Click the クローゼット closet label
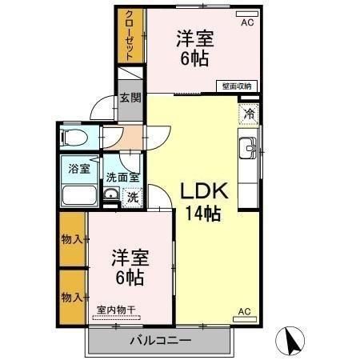point(130,35)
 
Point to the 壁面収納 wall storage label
point(237,86)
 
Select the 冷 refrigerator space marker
point(249,114)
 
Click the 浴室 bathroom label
point(78,170)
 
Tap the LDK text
point(204,192)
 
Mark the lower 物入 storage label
point(73,297)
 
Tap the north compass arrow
point(290,342)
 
